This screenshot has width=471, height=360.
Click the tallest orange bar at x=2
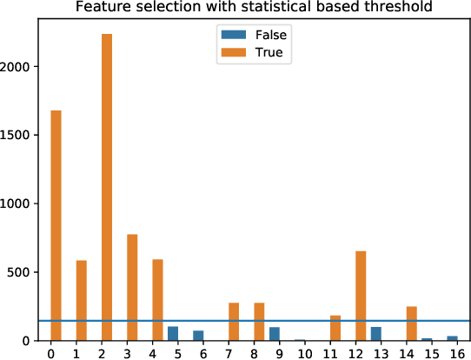point(107,187)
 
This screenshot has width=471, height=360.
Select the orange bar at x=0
point(56,225)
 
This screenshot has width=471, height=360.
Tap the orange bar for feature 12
point(361,296)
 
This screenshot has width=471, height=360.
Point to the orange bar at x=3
point(132,287)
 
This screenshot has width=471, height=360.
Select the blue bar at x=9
point(275,334)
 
